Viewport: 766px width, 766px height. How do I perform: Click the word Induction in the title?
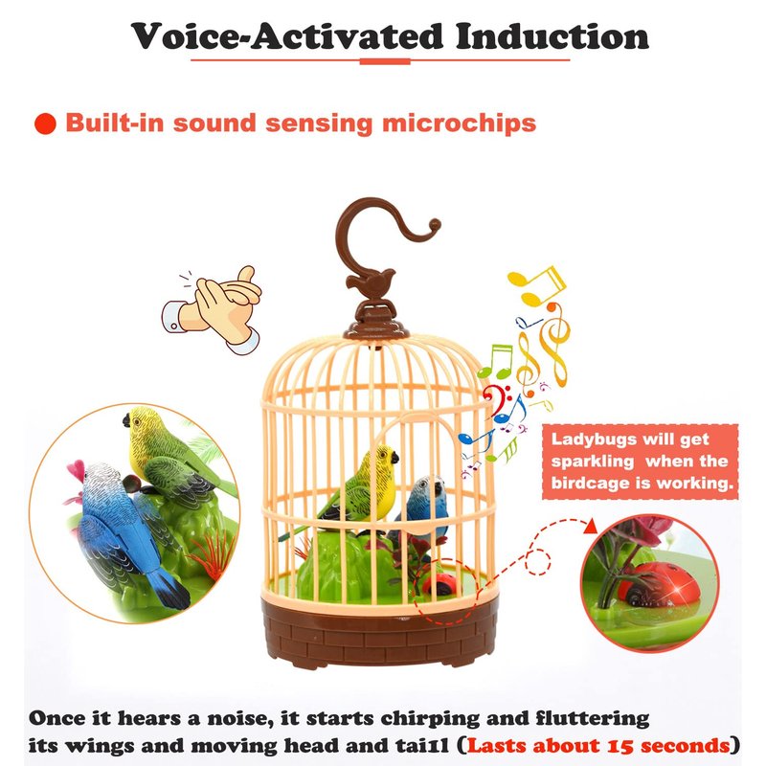point(552,36)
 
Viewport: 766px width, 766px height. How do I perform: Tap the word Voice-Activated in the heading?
point(286,36)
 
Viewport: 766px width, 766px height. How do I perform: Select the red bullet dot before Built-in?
point(45,124)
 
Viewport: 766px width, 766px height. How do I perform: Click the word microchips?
point(460,124)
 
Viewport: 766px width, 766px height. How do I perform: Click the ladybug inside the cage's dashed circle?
point(439,583)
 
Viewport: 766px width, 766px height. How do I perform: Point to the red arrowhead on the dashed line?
point(591,526)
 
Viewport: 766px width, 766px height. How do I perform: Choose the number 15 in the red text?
point(620,746)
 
